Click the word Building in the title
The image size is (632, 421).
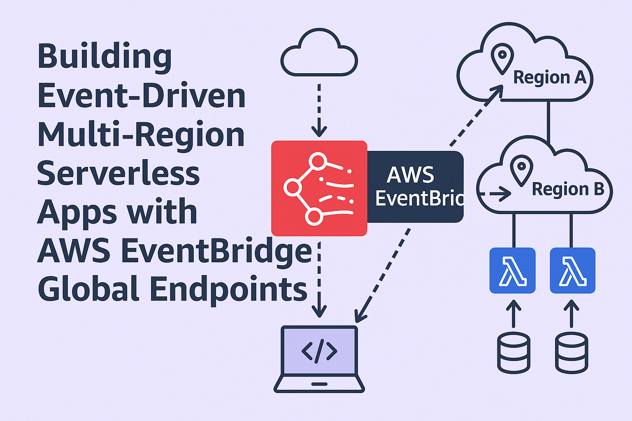coord(105,57)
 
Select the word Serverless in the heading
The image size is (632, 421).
coord(118,173)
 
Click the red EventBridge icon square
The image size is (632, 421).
coord(319,188)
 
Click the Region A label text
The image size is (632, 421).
coord(550,77)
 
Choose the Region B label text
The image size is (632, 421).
coord(568,189)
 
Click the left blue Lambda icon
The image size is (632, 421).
coord(512,271)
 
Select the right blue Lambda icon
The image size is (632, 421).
coord(572,271)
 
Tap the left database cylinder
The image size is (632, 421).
coord(513,353)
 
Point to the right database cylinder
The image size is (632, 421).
coord(572,353)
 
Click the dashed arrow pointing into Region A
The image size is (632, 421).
coord(477,115)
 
